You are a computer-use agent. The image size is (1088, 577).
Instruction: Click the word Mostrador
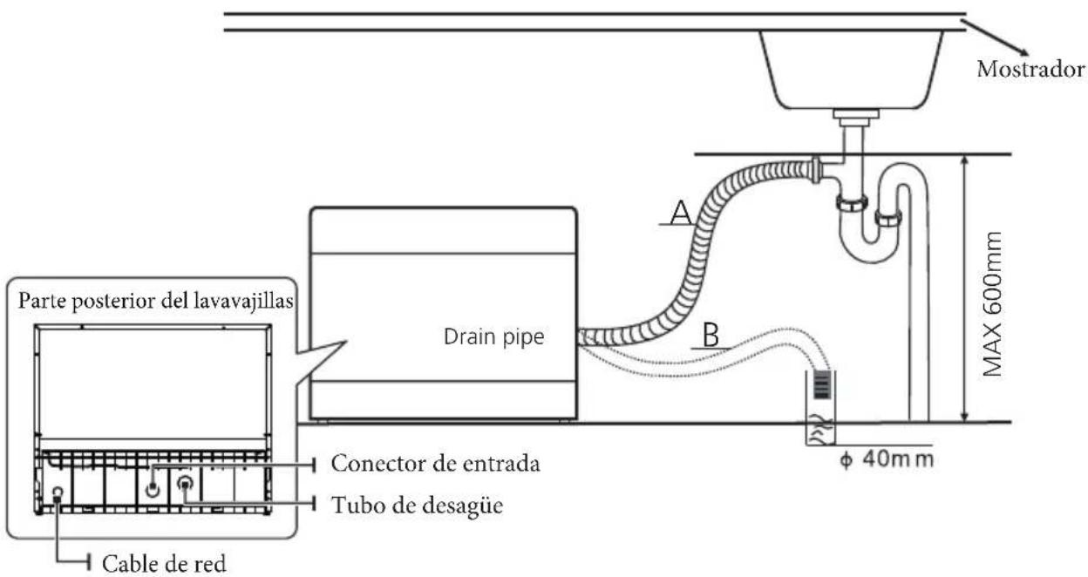(x=1030, y=70)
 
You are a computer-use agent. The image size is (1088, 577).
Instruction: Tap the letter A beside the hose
(x=681, y=213)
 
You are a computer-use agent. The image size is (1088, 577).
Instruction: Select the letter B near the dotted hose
(x=711, y=335)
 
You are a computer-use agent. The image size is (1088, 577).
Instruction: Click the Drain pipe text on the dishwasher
(x=494, y=337)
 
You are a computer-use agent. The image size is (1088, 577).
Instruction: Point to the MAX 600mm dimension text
(x=992, y=304)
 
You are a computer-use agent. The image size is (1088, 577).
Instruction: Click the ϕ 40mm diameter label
(x=887, y=459)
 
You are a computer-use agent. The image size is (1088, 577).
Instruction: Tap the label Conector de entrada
(x=435, y=464)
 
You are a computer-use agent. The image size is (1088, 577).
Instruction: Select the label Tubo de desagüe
(x=418, y=506)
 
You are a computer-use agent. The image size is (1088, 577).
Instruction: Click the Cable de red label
(x=164, y=564)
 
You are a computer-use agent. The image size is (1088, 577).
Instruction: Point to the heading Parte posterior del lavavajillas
(x=156, y=301)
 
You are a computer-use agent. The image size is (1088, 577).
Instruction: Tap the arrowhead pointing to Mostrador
(x=1023, y=52)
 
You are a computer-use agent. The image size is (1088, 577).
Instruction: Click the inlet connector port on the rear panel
(x=153, y=488)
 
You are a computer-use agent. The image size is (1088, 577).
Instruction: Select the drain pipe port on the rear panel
(x=185, y=483)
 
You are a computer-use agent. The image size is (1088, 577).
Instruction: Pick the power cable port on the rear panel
(x=58, y=493)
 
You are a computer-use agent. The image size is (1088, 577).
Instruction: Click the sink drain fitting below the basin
(x=856, y=118)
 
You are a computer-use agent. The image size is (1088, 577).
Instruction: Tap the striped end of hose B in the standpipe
(x=822, y=385)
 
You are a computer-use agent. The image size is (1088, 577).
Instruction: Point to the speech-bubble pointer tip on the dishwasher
(x=345, y=342)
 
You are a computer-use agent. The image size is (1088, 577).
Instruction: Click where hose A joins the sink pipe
(x=816, y=170)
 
